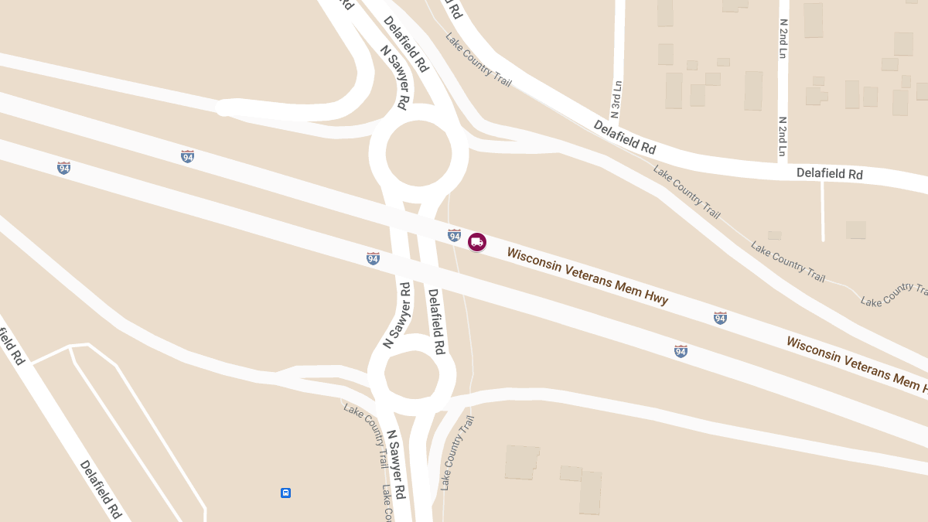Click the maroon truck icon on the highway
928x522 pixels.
point(477,242)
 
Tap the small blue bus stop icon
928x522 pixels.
point(285,493)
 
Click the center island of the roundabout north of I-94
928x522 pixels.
point(418,152)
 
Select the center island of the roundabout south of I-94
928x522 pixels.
point(412,374)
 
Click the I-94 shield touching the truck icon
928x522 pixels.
point(455,235)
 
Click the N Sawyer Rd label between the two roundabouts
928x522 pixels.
point(397,315)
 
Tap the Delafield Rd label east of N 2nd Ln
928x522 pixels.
point(829,174)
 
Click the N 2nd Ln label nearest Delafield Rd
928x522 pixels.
point(783,137)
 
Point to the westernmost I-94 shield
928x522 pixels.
point(64,168)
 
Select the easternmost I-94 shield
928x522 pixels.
point(720,318)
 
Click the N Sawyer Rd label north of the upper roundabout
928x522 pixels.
point(394,76)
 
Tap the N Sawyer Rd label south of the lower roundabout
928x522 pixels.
point(396,464)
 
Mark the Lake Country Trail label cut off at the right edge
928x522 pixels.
point(894,295)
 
